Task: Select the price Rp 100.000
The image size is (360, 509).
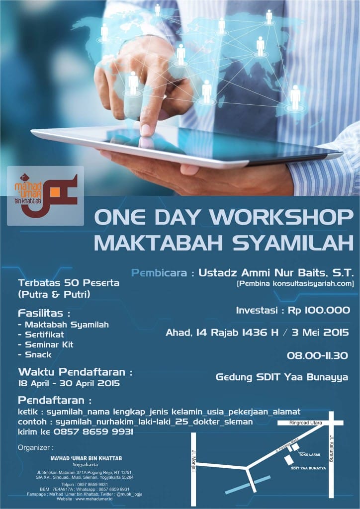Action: [x=318, y=310]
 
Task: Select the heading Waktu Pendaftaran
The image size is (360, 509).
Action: [x=76, y=372]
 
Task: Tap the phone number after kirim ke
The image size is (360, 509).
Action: [x=91, y=432]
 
